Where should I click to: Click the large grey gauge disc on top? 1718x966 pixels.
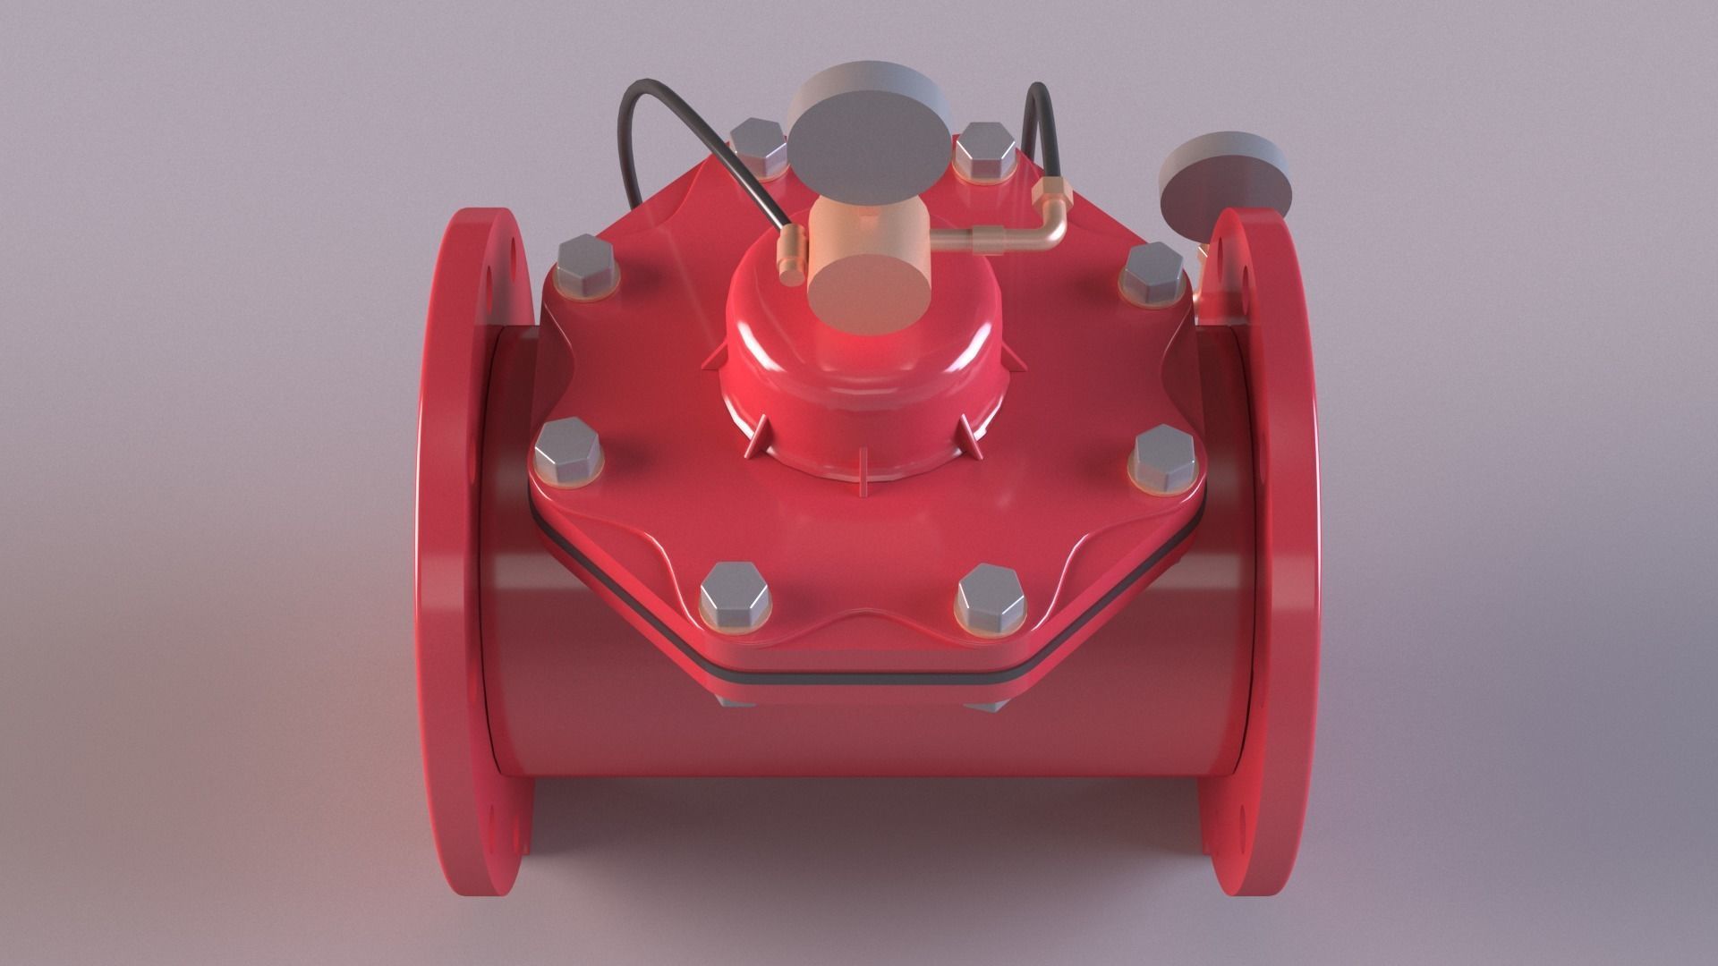(868, 135)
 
